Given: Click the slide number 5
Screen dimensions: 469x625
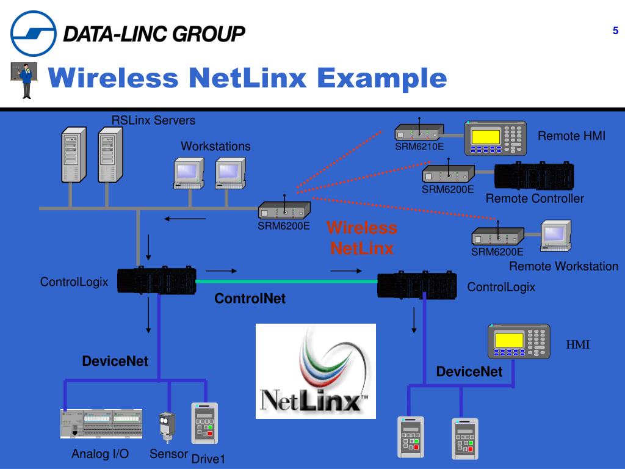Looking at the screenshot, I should coord(615,31).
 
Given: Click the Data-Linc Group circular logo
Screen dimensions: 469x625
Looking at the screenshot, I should coord(34,34).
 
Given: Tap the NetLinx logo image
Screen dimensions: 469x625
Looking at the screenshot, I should coord(316,371).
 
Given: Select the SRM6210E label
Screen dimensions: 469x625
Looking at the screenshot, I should coord(419,147).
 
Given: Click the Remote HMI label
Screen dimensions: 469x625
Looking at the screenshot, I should coord(571,136).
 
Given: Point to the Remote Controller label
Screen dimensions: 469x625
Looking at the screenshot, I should coord(535,198).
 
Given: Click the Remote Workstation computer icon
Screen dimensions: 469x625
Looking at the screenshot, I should coord(556,236).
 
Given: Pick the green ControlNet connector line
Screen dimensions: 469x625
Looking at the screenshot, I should coord(287,281).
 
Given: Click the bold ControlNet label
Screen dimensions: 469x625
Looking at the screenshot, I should coord(250,299).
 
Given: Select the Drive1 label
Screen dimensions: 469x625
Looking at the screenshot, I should coord(208,459).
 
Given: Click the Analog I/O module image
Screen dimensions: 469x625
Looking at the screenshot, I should coord(101,424).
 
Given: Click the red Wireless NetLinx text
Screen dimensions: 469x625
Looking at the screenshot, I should coord(362,238).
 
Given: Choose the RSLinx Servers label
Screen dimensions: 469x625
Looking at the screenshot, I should coord(153,120).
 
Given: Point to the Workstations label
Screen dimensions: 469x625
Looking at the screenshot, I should coord(215,147).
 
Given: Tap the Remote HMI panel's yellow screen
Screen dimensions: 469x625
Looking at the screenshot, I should coord(486,137).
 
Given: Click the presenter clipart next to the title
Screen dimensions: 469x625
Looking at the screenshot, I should coord(25,80).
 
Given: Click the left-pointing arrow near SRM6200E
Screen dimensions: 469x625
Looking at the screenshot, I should coord(185,219).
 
